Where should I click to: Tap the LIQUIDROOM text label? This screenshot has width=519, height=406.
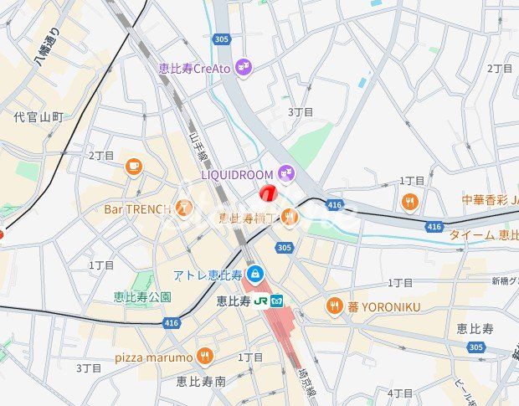[238, 174]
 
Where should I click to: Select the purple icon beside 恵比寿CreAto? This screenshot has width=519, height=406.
[244, 67]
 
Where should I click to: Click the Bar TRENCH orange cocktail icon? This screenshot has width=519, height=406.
[184, 208]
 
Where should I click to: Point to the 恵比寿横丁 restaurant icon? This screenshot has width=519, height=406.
[290, 217]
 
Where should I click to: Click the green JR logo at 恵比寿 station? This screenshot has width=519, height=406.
[260, 301]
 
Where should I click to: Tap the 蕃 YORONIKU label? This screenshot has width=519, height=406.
[383, 306]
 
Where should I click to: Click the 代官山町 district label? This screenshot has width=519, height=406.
[39, 117]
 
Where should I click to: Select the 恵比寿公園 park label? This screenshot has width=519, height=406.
[143, 296]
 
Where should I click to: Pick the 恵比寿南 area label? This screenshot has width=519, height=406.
[201, 381]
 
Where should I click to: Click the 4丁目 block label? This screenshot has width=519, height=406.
[400, 393]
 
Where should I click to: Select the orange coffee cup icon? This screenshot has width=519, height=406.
[133, 166]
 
